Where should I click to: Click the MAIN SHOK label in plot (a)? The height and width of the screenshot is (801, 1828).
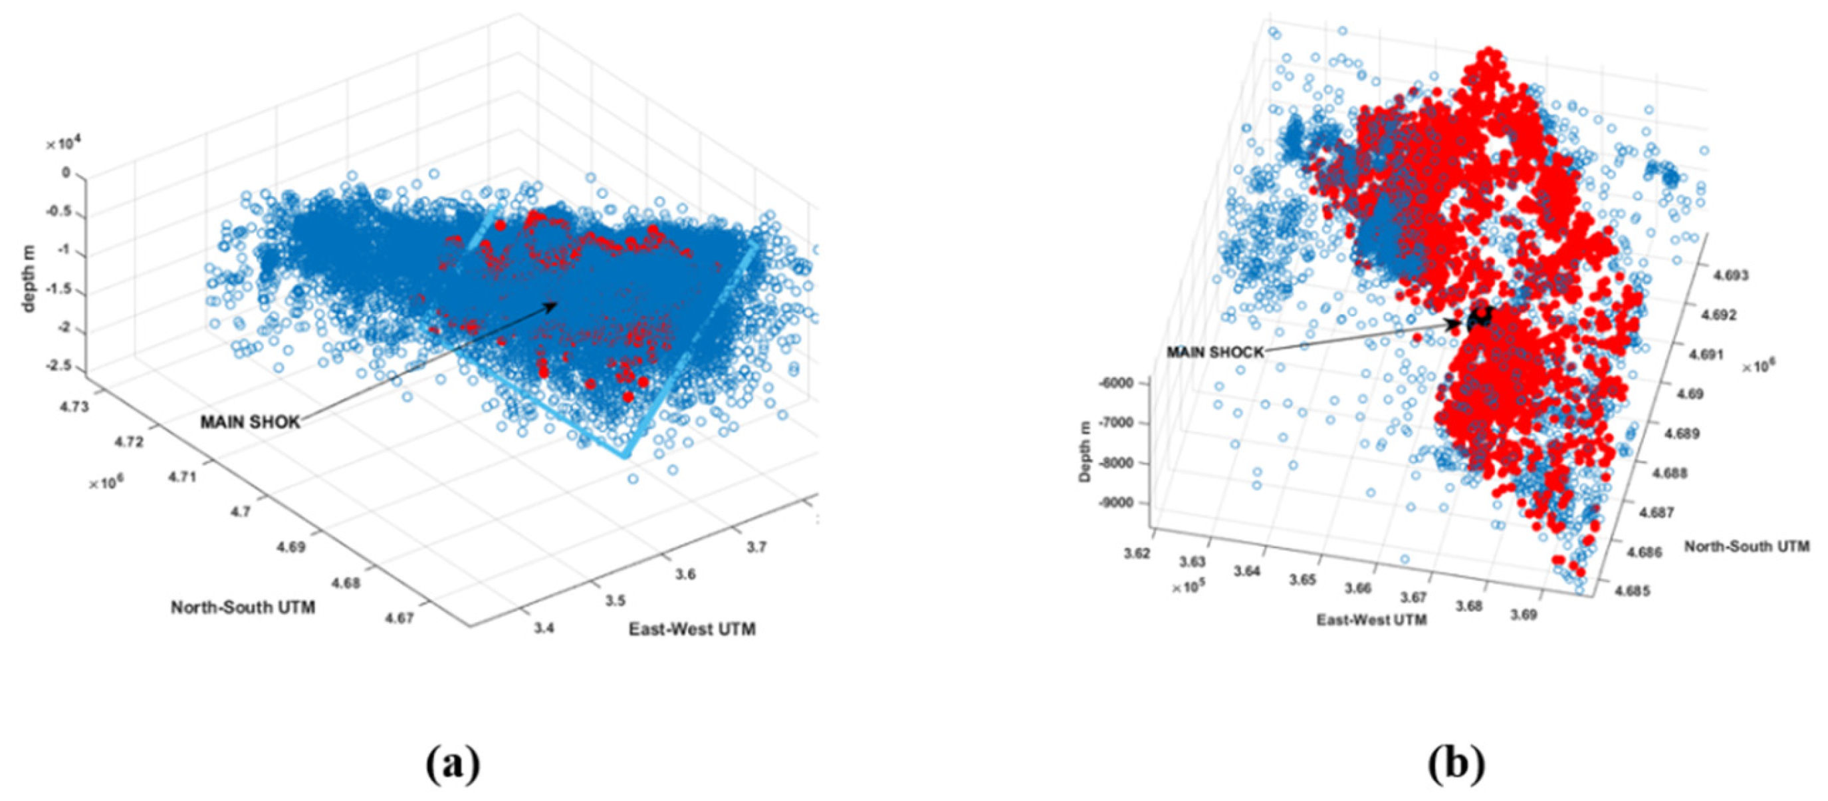coord(250,422)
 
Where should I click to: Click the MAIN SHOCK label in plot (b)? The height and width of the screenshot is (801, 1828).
coord(1216,352)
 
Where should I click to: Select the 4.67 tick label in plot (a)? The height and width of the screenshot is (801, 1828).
coord(400,618)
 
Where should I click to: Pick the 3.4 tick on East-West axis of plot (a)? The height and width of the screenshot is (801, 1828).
coord(544,628)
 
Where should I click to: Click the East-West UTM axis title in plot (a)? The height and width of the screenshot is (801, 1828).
coord(692,629)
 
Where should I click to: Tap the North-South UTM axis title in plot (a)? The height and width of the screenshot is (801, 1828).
coord(243,607)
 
